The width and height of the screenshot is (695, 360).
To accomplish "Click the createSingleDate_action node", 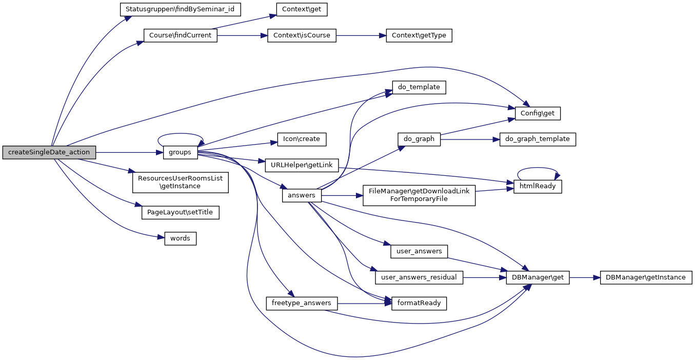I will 49,152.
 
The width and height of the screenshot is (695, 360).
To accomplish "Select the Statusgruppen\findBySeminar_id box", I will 180,9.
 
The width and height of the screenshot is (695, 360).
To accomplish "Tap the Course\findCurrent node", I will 180,36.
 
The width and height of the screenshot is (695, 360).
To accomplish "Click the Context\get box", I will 302,9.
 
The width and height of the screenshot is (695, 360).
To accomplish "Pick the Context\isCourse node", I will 302,36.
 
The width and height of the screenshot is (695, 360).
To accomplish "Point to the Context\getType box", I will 419,36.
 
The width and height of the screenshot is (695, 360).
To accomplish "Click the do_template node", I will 419,87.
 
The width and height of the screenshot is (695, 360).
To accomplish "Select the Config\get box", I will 538,113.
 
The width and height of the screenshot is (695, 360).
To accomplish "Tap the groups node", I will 180,152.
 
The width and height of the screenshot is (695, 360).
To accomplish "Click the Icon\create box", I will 302,139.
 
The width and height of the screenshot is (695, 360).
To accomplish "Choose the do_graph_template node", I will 538,139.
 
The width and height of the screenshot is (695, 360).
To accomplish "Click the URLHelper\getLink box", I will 302,165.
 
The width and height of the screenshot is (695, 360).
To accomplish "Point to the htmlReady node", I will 538,186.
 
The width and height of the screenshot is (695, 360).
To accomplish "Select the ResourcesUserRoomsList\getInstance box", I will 180,182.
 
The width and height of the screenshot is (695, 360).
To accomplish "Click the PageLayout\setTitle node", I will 180,212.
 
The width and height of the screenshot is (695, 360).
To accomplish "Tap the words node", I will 180,238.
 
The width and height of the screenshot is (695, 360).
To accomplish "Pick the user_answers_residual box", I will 419,277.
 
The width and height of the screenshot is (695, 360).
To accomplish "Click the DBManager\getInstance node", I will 645,277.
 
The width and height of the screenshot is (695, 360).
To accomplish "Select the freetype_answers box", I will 302,303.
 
